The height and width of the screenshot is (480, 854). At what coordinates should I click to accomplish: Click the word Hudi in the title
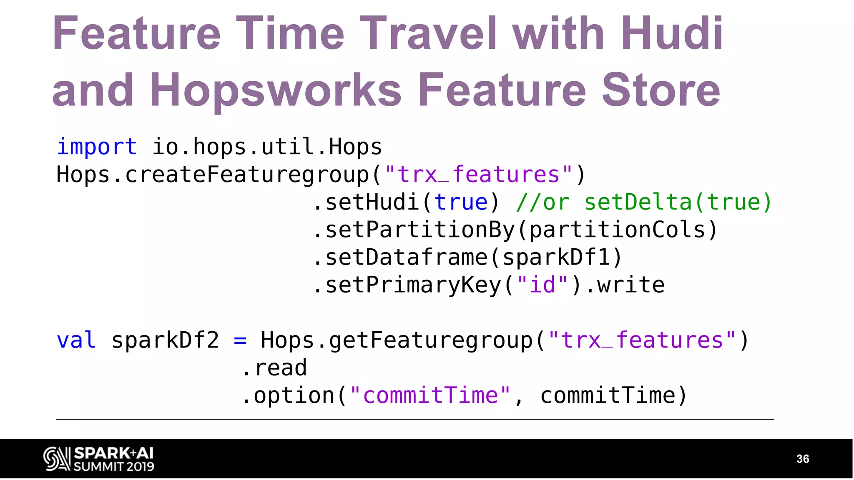tap(672, 33)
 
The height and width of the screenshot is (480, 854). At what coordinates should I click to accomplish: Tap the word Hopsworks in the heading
tap(275, 90)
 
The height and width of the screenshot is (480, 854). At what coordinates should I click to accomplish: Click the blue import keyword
tap(97, 147)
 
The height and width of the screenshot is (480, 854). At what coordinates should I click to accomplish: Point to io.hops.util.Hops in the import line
tap(267, 147)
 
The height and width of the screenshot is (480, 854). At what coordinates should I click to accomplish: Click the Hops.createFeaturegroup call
tap(213, 175)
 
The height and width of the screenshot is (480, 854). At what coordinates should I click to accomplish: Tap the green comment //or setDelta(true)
tap(644, 202)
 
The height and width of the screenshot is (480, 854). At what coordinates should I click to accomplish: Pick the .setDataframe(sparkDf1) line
tap(467, 257)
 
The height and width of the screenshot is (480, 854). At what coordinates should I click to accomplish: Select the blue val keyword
tap(76, 340)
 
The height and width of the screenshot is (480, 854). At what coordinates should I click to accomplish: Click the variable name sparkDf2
tap(165, 340)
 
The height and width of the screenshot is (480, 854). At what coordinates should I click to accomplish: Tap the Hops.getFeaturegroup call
tap(396, 340)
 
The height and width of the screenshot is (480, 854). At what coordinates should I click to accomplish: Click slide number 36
tap(802, 459)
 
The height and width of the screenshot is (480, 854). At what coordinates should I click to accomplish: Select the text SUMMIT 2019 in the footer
tap(114, 466)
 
